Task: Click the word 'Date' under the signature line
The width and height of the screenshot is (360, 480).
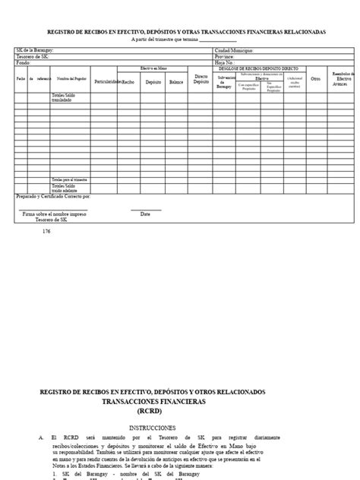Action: pyautogui.click(x=145, y=214)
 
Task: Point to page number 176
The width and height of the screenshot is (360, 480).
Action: pyautogui.click(x=47, y=231)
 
